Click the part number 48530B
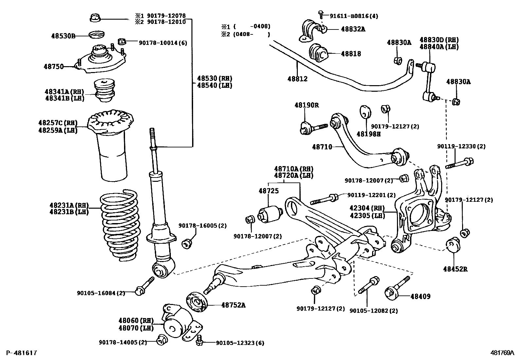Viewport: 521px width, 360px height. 63,36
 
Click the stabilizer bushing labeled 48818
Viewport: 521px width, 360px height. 317,53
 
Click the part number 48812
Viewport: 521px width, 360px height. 297,79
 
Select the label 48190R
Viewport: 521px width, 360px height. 306,105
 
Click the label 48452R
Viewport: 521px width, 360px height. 455,269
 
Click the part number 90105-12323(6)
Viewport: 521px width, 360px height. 240,343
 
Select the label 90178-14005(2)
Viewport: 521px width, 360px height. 123,342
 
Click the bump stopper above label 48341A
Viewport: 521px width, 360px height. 104,89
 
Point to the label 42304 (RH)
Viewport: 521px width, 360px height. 367,208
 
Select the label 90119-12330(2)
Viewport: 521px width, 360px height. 461,146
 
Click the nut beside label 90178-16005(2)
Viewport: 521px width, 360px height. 188,243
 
